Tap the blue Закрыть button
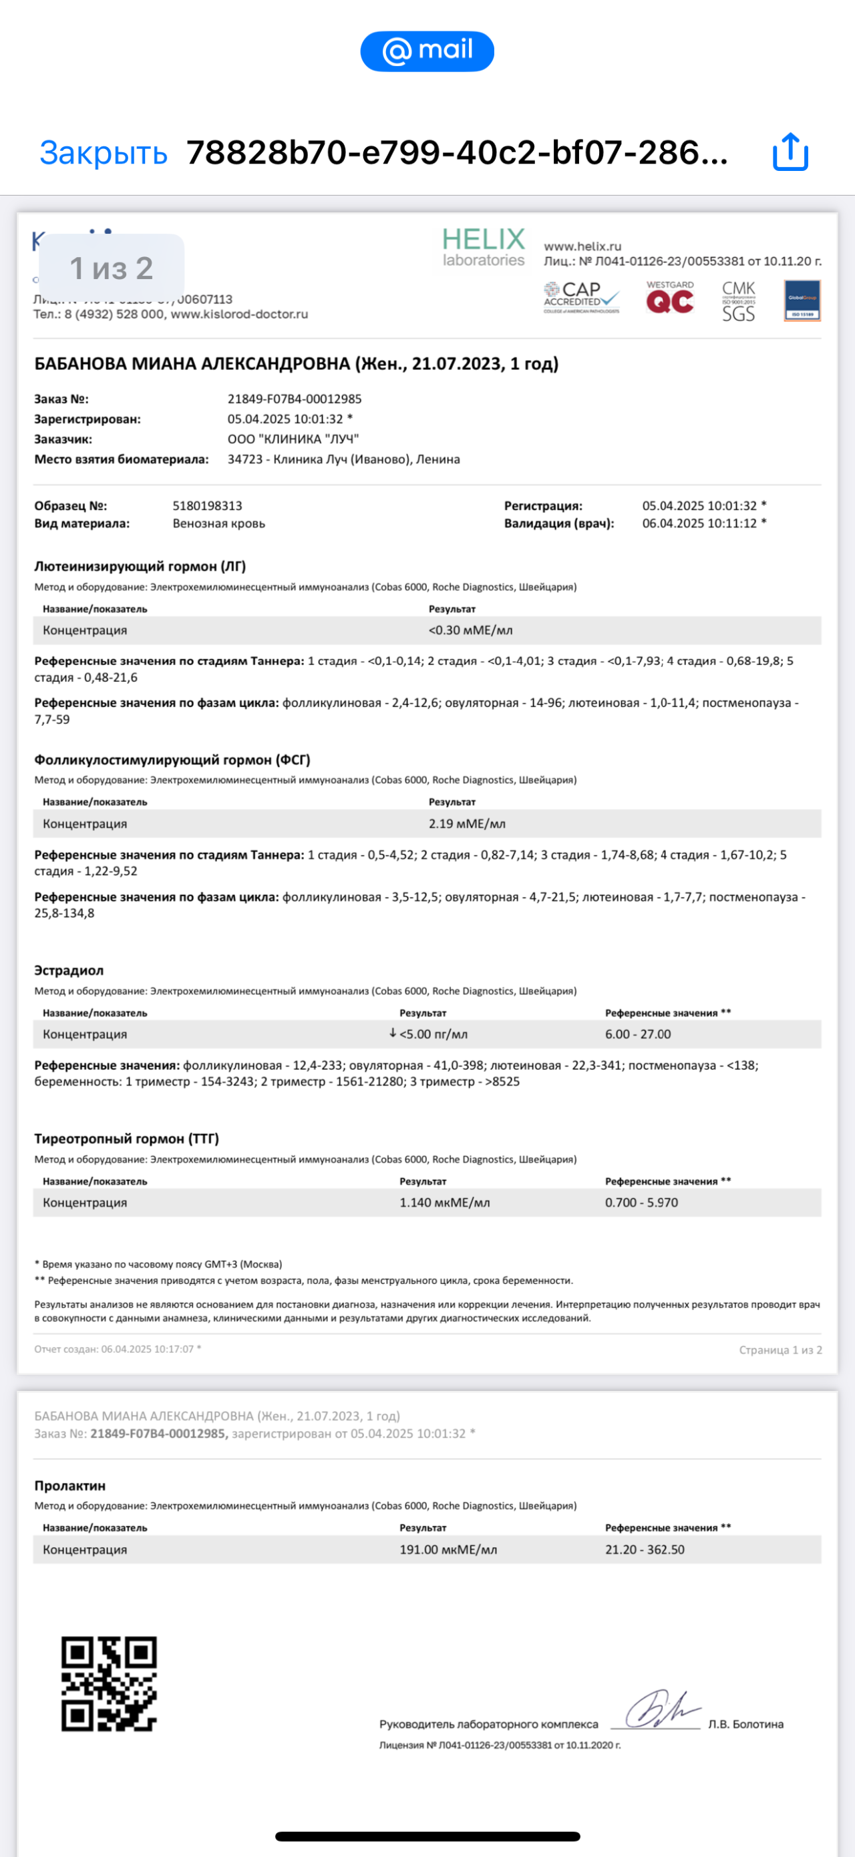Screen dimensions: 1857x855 pos(103,153)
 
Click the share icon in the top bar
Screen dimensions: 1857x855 pos(790,152)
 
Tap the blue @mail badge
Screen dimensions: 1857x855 pos(427,51)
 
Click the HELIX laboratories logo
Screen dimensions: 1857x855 pos(484,247)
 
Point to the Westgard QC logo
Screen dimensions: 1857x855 pos(670,298)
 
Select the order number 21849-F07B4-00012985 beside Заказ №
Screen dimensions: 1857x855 pos(294,399)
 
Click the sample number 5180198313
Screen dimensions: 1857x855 pos(207,506)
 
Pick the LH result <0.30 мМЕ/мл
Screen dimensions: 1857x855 pos(470,630)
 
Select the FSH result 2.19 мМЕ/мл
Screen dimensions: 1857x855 pos(466,823)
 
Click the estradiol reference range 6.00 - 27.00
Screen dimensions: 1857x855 pos(637,1034)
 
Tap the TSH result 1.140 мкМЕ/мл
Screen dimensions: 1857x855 pos(444,1203)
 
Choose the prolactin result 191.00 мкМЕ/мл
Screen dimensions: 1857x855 pos(448,1549)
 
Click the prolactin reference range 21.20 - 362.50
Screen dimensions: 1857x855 pos(645,1549)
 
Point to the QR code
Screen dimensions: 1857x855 pos(109,1683)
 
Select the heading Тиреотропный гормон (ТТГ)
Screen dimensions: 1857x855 pos(126,1139)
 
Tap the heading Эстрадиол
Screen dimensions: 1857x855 pos(69,970)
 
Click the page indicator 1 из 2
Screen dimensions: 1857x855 pos(112,268)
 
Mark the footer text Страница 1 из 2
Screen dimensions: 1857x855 pos(780,1350)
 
